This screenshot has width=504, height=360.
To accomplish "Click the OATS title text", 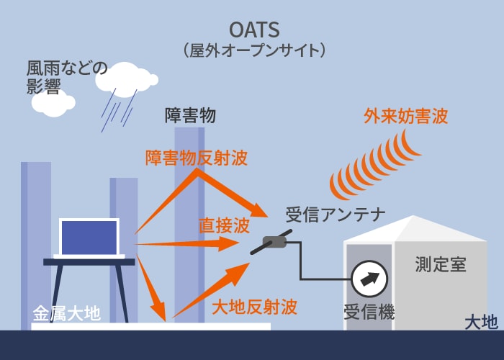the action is pos(254,30).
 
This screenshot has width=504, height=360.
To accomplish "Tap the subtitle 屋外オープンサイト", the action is pos(254,50).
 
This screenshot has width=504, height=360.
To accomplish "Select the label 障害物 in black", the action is pos(190,116).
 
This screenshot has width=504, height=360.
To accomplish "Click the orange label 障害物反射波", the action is pos(196,158).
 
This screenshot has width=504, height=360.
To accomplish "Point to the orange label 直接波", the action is pos(224,225).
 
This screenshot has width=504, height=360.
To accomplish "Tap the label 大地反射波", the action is pos(254,307).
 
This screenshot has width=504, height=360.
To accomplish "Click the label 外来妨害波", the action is pos(406,116).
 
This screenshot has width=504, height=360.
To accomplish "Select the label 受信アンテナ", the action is pos(336,215).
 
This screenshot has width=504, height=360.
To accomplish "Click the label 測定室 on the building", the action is pos(441,264).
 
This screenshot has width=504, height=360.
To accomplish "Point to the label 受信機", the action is pos(369,312).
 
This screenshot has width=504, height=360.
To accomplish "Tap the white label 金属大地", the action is pos(66,314).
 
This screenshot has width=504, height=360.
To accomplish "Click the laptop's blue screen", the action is pos(89,238).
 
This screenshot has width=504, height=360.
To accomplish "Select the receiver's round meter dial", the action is pos(369,279).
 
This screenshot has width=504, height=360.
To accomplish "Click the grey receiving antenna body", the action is pos(274,242).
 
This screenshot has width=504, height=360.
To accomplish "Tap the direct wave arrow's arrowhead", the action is pos(230,243).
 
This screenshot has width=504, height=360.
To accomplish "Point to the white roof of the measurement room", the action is pos(415,229).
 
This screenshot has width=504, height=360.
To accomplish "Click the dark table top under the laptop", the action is pos(89,262).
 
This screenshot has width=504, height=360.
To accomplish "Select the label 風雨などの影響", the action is pos(67,77).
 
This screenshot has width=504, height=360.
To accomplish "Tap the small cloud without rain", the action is pos(53,103).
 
